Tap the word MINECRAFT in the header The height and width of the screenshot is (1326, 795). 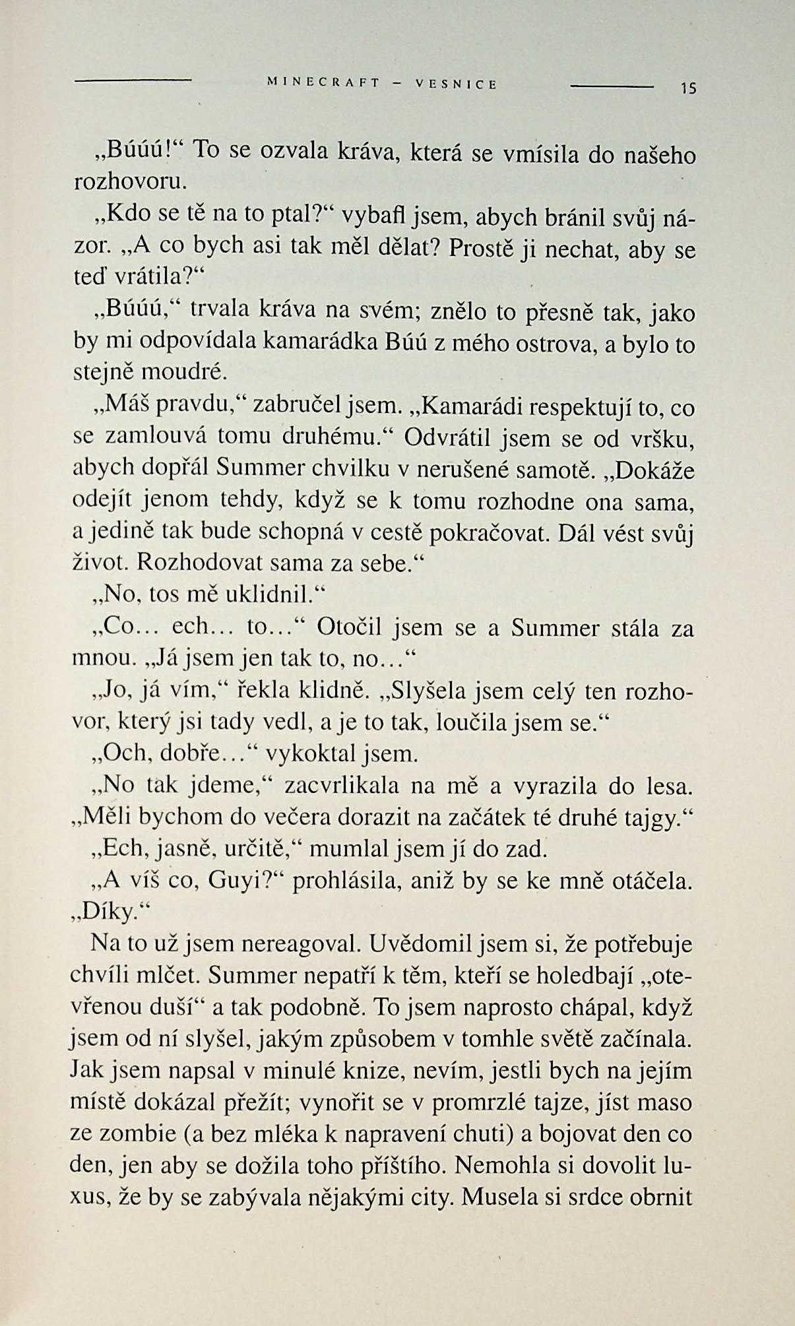(x=323, y=84)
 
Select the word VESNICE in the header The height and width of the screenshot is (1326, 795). (x=456, y=84)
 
